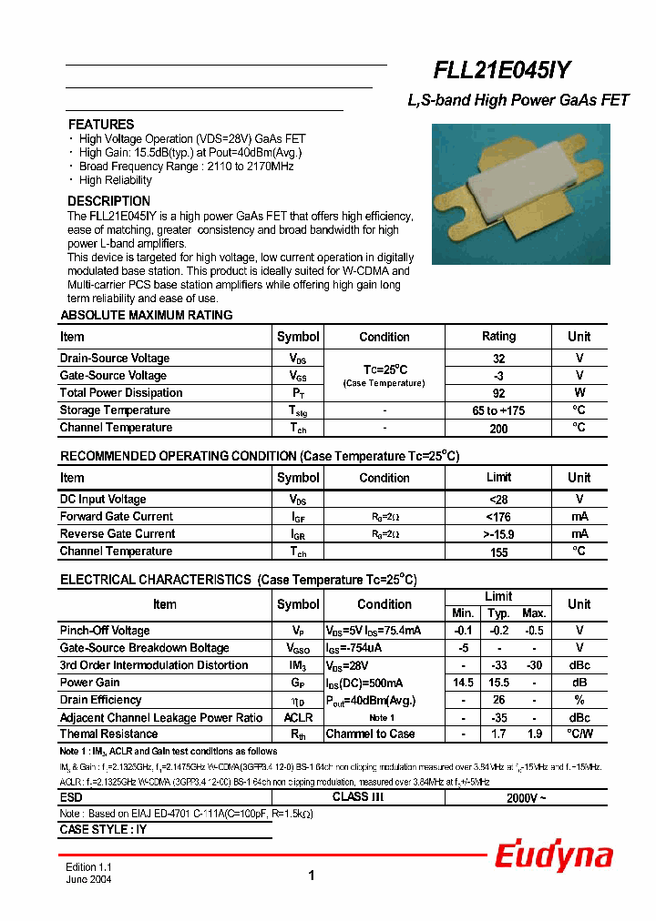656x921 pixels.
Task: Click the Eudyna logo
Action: point(553,856)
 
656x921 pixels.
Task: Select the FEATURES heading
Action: point(101,125)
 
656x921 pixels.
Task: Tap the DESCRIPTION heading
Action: point(109,201)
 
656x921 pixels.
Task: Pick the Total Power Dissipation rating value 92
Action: point(498,393)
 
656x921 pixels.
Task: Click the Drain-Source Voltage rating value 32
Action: point(498,359)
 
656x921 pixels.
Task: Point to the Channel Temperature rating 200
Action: point(498,429)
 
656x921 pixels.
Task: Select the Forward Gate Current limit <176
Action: point(498,517)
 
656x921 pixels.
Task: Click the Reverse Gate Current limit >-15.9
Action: point(498,534)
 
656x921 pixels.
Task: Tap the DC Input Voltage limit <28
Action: point(498,500)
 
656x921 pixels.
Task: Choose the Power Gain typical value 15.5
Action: point(498,683)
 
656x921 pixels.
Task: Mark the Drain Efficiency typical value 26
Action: point(498,700)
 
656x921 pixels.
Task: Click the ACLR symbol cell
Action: point(298,717)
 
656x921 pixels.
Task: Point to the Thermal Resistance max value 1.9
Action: point(534,734)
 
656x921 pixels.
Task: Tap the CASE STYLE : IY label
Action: point(103,830)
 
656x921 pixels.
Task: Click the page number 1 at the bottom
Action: point(312,876)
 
